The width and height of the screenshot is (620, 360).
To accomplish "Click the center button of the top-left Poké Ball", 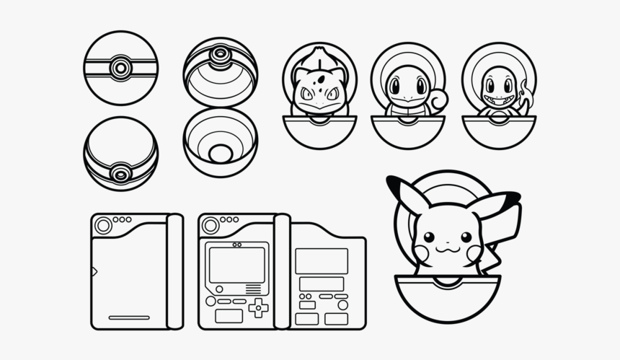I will pos(120,69).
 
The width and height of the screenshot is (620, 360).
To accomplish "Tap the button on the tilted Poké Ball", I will pos(120,174).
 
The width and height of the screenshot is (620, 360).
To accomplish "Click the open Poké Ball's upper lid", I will pos(220,71).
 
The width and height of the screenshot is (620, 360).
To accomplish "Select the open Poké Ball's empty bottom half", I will pos(220,143).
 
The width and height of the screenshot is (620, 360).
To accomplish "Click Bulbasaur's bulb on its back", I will pos(318,59).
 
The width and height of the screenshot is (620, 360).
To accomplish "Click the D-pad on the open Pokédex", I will pos(257,308).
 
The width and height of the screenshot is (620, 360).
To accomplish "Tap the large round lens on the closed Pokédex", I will pos(104,226).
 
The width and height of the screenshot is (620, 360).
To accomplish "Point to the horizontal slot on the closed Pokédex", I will pos(129,317).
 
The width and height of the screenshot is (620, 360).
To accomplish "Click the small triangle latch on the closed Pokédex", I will pos(94,271).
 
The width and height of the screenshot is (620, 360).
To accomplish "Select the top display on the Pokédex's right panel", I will pos(322,260).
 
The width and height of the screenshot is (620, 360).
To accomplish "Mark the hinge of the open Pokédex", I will pos(282,271).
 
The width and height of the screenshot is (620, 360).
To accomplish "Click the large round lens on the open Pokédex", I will pos(211,226).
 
